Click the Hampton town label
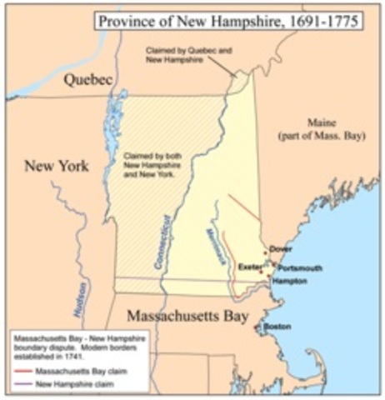291,282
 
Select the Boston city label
277,327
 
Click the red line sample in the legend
22,371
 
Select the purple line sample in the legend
22,384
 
